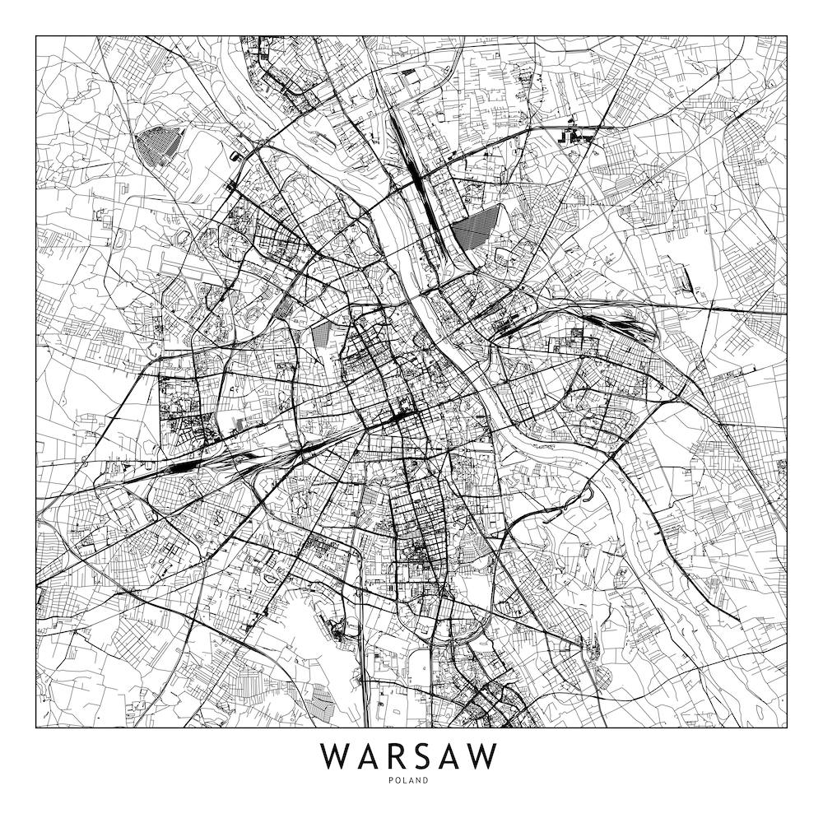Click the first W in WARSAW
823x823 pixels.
[x=335, y=756]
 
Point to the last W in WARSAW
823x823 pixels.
[x=485, y=756]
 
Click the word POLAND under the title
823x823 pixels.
[x=411, y=781]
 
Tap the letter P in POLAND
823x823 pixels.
[x=395, y=781]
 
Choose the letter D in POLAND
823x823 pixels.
[x=426, y=781]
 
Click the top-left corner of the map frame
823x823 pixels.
[x=36, y=35]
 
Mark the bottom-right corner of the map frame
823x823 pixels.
[x=787, y=728]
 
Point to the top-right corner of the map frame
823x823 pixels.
[x=787, y=35]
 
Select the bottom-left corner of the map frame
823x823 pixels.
[x=36, y=728]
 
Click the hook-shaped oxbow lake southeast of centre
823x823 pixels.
[x=586, y=495]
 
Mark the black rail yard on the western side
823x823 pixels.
[x=177, y=466]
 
